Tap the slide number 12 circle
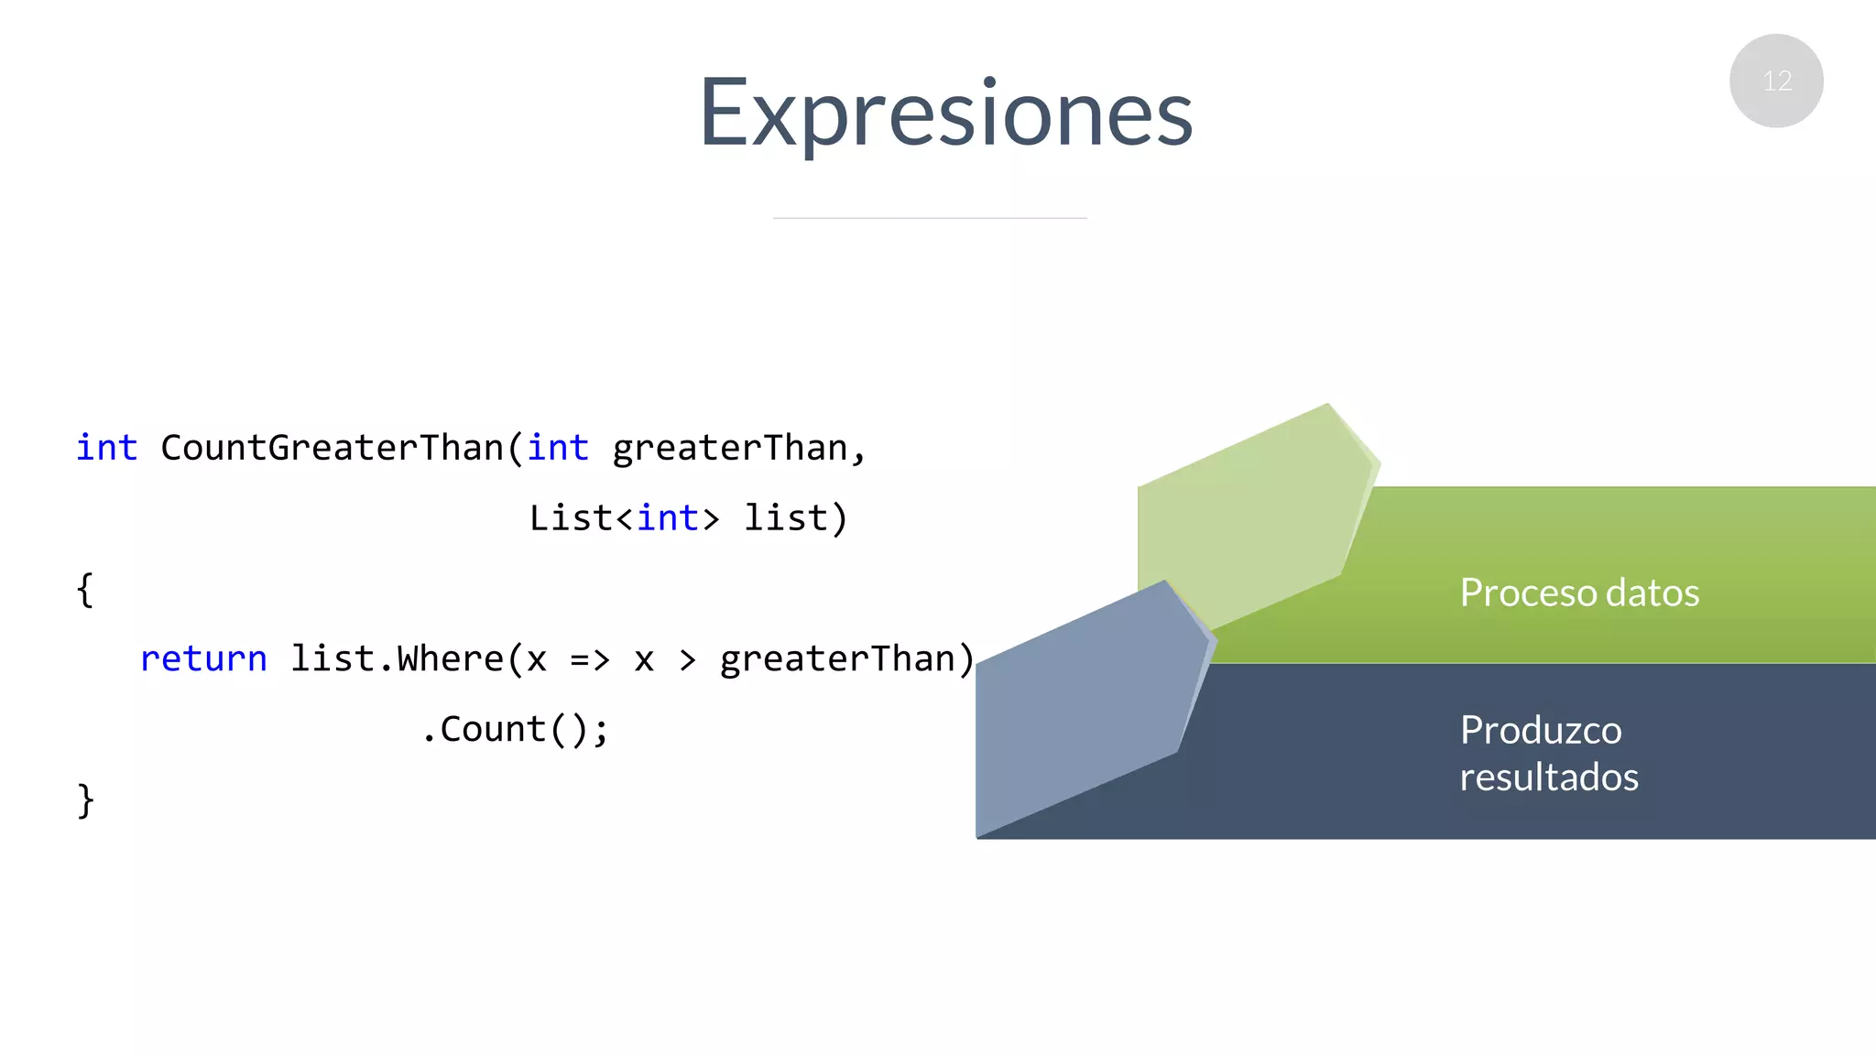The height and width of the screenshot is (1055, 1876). (x=1775, y=81)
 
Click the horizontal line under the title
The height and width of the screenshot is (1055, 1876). (x=929, y=218)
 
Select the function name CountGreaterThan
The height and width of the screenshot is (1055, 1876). (x=332, y=448)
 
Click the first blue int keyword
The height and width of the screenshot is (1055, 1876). (x=106, y=448)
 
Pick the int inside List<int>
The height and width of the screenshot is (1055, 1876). (x=668, y=518)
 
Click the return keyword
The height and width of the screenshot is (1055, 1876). (x=203, y=659)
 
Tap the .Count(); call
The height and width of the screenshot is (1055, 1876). (x=515, y=730)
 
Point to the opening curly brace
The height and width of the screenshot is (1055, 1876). (x=85, y=590)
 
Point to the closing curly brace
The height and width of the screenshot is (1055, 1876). (x=85, y=800)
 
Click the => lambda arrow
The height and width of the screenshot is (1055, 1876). (x=590, y=659)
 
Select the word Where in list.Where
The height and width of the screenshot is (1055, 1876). (x=450, y=659)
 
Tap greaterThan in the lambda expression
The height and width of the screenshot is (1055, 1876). (x=837, y=659)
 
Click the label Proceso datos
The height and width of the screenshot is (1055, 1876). (x=1579, y=593)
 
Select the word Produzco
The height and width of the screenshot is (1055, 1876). (x=1541, y=730)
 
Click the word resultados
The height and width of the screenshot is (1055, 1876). (x=1548, y=778)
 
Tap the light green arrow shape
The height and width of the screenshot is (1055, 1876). (x=1250, y=513)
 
